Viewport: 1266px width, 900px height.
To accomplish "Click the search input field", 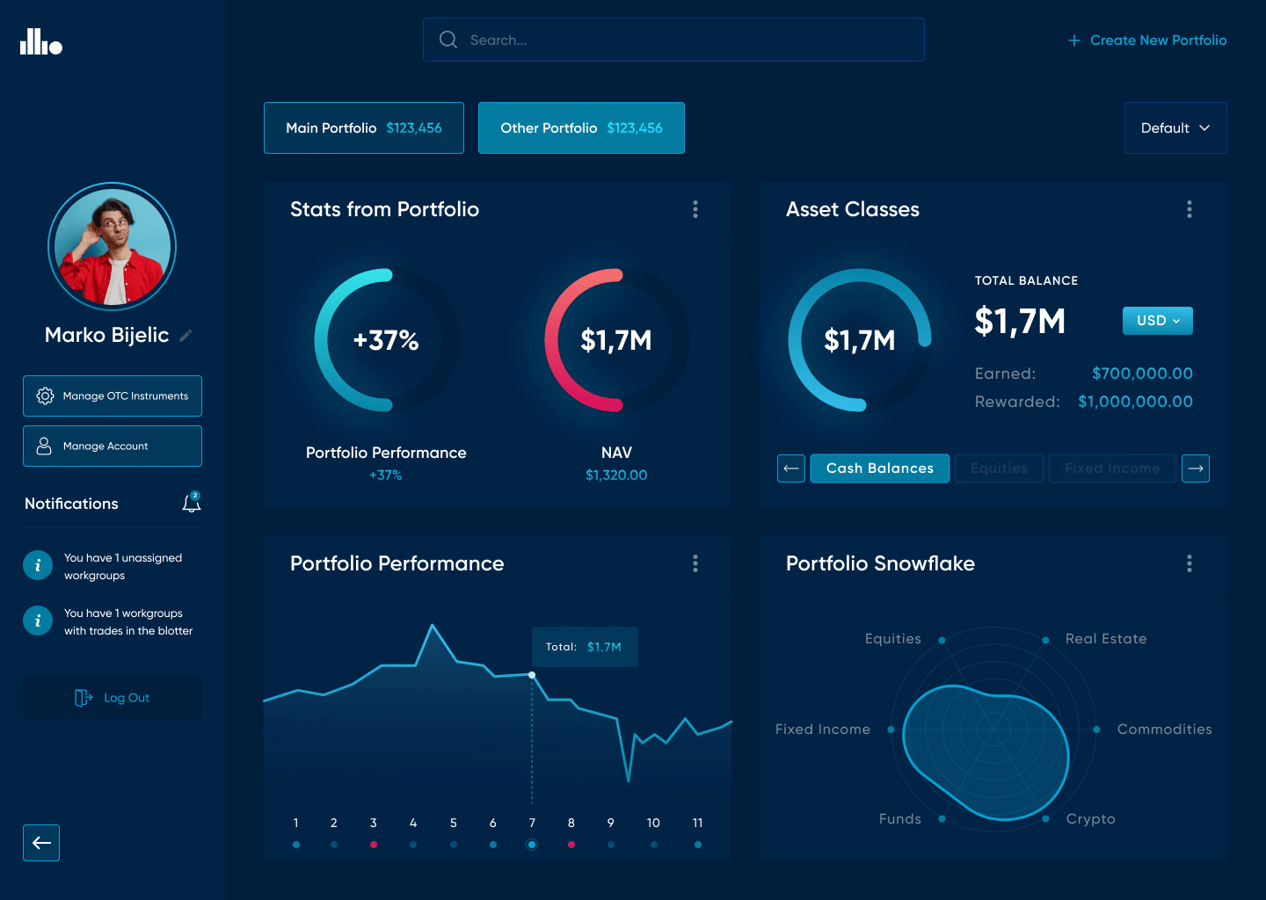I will [x=673, y=40].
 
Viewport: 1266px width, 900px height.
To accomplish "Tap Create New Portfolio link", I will [x=1147, y=40].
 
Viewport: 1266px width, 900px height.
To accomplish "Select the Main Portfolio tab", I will [x=363, y=128].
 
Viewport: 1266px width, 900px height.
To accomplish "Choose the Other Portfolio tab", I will [x=581, y=128].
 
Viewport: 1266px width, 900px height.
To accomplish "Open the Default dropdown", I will [x=1175, y=128].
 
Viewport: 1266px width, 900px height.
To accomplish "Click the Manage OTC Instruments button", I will [x=113, y=396].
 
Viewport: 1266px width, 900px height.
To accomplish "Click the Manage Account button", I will [x=113, y=446].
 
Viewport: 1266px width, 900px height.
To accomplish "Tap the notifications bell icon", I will [x=191, y=504].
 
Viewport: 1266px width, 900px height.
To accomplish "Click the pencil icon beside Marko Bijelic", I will [x=186, y=336].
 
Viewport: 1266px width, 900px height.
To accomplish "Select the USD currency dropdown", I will [x=1157, y=321].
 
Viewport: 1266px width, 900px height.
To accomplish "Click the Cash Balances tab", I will [x=879, y=468].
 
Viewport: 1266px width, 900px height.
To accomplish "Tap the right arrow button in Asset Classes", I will [x=1195, y=468].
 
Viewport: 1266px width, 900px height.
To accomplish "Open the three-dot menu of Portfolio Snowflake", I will [x=1189, y=563].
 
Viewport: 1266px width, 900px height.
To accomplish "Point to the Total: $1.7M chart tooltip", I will [x=585, y=647].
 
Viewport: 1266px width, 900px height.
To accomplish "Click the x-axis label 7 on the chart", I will [x=532, y=824].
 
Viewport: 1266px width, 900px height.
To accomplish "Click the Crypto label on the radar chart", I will [x=1090, y=819].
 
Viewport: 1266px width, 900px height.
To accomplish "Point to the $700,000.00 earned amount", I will [x=1142, y=374].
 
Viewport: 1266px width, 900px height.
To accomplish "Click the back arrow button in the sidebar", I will [x=41, y=843].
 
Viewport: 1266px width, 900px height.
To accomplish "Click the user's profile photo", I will [x=112, y=247].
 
